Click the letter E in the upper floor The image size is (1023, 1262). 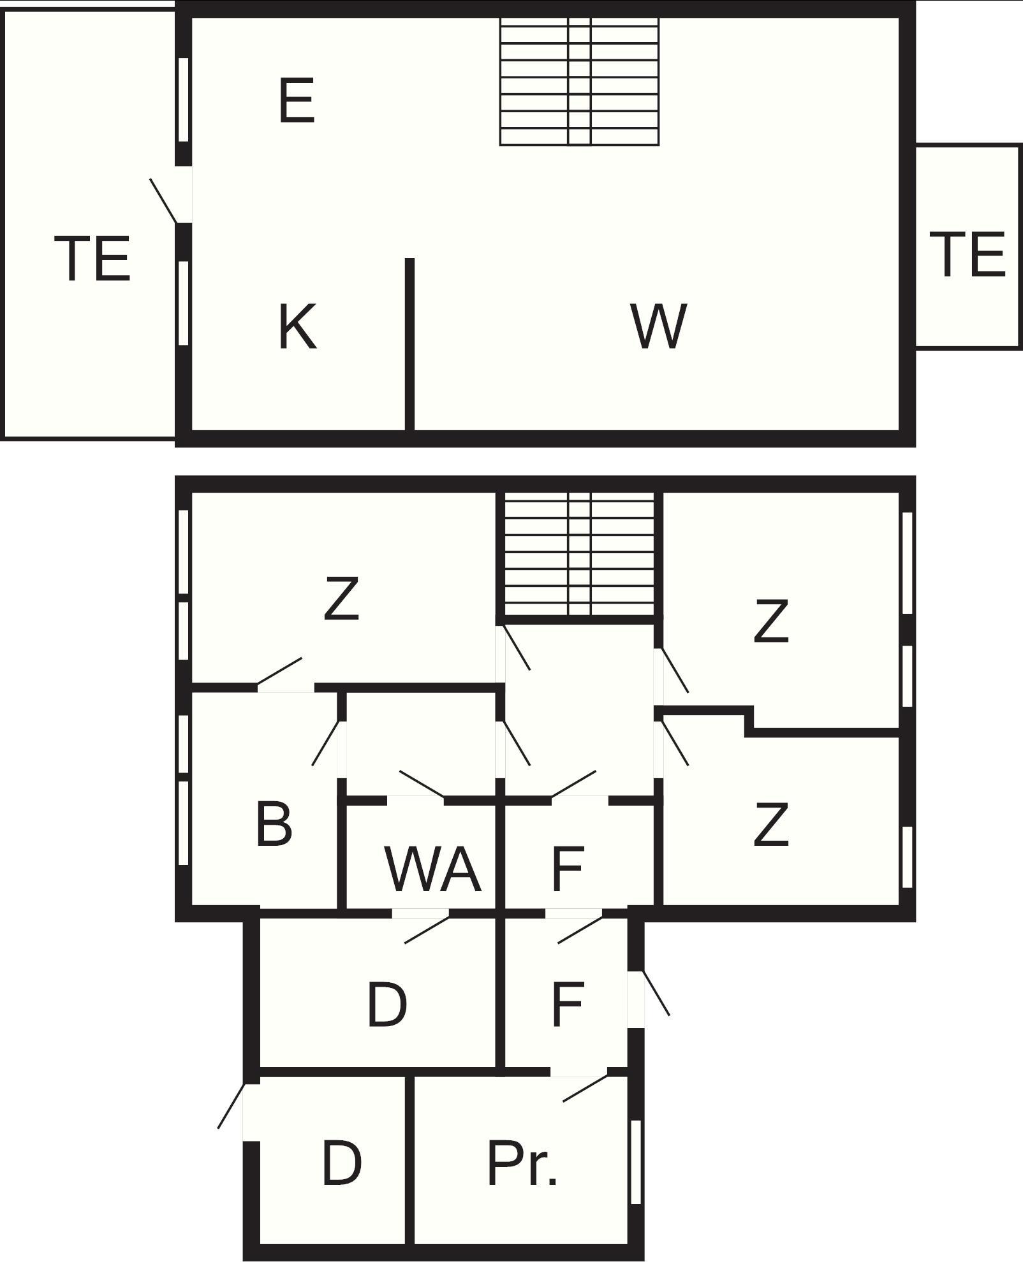coord(297,100)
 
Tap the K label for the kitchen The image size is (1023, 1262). coord(298,326)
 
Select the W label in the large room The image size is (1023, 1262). coord(659,326)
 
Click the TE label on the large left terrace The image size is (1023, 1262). coord(92,258)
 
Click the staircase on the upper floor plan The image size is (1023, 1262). coord(579,82)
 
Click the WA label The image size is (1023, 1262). coord(433,869)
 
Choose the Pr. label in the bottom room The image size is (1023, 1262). coord(522,1164)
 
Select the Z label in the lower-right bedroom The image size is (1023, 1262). coord(771,825)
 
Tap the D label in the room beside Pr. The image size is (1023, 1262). coord(342,1164)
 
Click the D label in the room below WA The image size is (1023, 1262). coord(386,1005)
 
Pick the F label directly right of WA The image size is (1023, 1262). coord(568,869)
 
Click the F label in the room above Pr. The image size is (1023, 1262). coord(568,1005)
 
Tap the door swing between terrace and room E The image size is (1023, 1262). coord(164,201)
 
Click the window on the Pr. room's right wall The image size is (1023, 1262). coord(635,1161)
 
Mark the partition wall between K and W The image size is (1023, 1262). coord(409,344)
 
